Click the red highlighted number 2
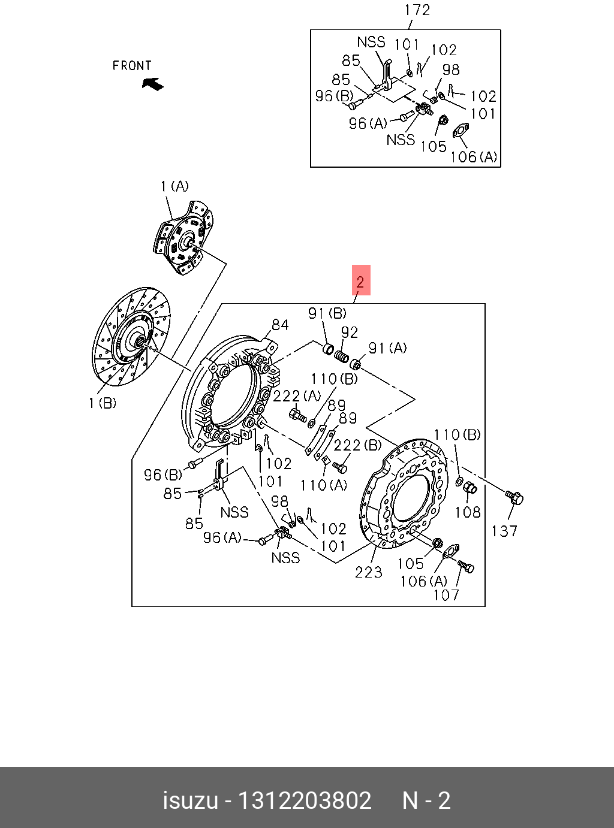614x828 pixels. (360, 280)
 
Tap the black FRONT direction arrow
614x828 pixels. (153, 84)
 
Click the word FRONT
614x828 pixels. (132, 66)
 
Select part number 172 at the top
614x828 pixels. (417, 10)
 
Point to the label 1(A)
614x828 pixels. (174, 187)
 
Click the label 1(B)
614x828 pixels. (103, 403)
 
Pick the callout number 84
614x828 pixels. (280, 325)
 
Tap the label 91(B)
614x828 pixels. (327, 313)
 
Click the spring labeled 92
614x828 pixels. (341, 357)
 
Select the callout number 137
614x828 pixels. (504, 531)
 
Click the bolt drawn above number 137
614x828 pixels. (514, 497)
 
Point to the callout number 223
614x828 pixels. (368, 572)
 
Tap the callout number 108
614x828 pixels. (468, 512)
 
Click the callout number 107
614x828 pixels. (446, 595)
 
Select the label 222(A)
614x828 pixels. (297, 396)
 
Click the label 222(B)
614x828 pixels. (357, 445)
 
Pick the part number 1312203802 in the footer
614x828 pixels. (305, 801)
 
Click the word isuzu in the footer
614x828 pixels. (190, 801)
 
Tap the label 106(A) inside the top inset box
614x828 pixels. (474, 157)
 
